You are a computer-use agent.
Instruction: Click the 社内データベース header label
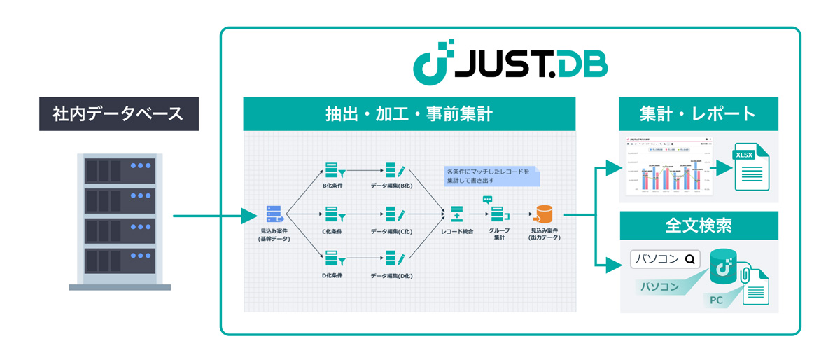[118, 113]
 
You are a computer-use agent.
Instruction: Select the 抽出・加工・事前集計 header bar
[409, 113]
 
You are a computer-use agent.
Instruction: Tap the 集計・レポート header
[697, 113]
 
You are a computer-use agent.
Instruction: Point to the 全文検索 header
[697, 226]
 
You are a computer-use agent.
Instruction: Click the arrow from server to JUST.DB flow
[210, 215]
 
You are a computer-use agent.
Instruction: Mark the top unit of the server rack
[119, 169]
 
